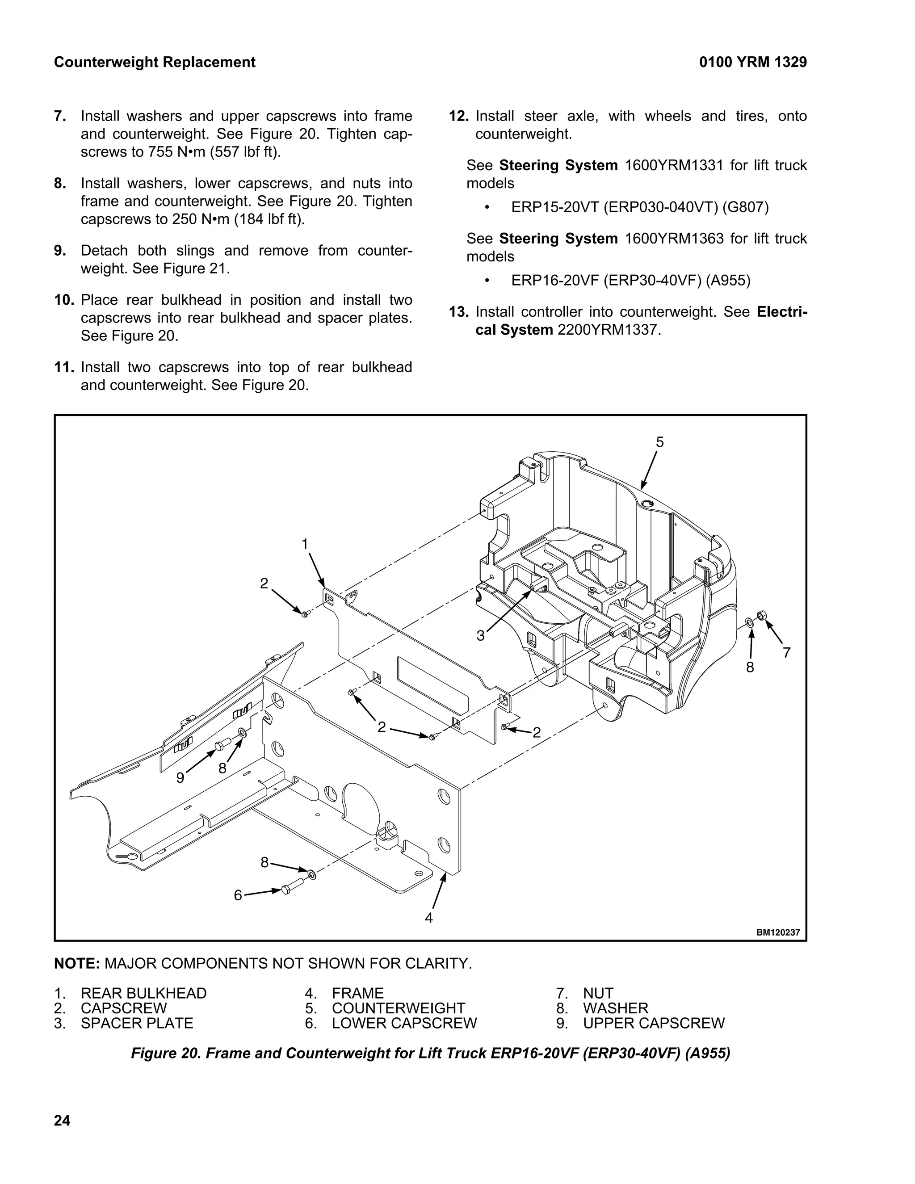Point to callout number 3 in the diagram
[480, 636]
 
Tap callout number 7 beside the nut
[786, 653]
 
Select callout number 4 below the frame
[429, 918]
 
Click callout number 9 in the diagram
[180, 778]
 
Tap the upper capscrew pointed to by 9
[222, 746]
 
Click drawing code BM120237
[778, 933]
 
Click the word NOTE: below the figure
[76, 963]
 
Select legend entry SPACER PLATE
[137, 1023]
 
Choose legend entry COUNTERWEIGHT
[399, 1008]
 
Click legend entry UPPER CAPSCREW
[653, 1023]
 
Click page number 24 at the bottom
[63, 1121]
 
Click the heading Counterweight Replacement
[155, 63]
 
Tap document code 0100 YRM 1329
[752, 63]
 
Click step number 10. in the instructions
[64, 300]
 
